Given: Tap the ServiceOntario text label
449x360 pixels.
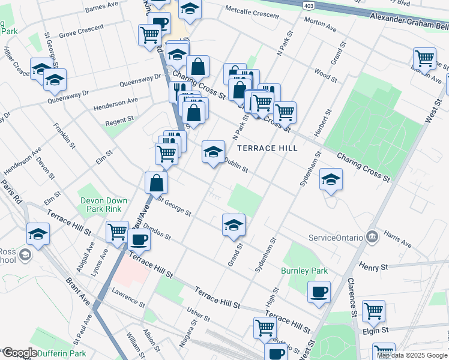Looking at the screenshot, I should point(336,237).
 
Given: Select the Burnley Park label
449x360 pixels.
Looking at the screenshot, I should point(304,271).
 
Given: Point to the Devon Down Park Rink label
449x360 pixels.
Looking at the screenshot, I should point(101,205).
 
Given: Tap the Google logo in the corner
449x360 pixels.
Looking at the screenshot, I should point(19,353).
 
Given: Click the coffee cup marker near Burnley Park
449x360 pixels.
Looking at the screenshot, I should point(319,292).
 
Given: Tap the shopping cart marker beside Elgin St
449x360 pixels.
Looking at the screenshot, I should point(373,310).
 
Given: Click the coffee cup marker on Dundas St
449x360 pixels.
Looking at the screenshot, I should point(139,240).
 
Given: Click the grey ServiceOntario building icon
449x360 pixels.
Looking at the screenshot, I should point(372,236).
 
